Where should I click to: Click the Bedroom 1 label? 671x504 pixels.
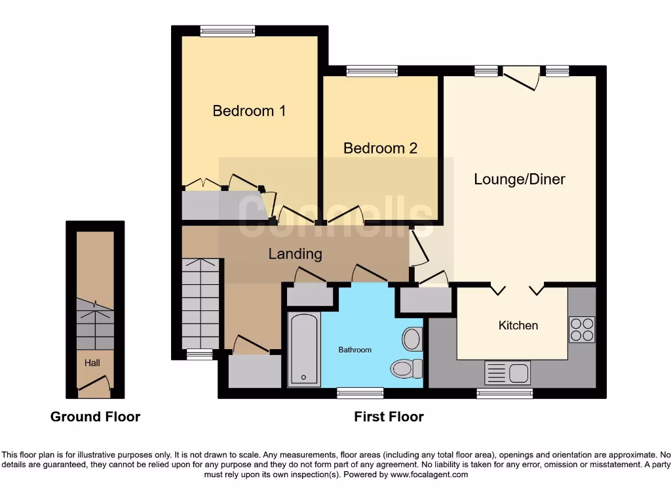(249, 111)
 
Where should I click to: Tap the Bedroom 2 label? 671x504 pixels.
(380, 148)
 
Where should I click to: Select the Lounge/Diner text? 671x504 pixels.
(520, 179)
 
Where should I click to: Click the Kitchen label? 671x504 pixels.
(518, 325)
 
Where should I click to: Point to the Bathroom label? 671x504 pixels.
(355, 350)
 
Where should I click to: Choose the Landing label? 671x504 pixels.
(295, 253)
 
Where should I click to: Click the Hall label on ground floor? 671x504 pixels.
(92, 362)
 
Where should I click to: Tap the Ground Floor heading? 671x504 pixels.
(95, 417)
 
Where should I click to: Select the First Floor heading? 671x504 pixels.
(389, 417)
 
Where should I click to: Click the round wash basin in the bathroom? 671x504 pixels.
(412, 339)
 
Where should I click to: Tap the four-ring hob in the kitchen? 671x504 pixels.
(582, 329)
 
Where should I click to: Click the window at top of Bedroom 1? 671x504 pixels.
(227, 30)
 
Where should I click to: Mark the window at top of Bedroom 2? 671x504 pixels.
(372, 71)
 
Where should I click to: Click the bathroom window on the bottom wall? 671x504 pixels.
(360, 393)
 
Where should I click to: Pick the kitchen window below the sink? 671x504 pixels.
(504, 393)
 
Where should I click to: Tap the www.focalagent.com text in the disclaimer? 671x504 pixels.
(430, 474)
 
